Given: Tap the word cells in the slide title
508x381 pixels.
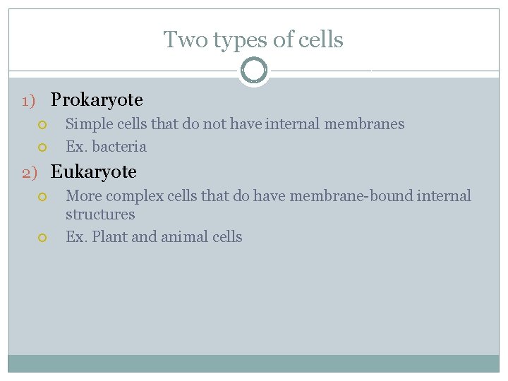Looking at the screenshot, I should pyautogui.click(x=320, y=40).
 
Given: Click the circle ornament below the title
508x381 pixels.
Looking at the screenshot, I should pyautogui.click(x=254, y=71).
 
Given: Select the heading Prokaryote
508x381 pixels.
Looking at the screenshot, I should pyautogui.click(x=97, y=100).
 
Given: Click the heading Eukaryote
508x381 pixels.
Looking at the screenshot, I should pyautogui.click(x=94, y=171).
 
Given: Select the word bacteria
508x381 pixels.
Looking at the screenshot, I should pyautogui.click(x=120, y=147).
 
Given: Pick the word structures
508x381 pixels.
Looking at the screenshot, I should pyautogui.click(x=100, y=214).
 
